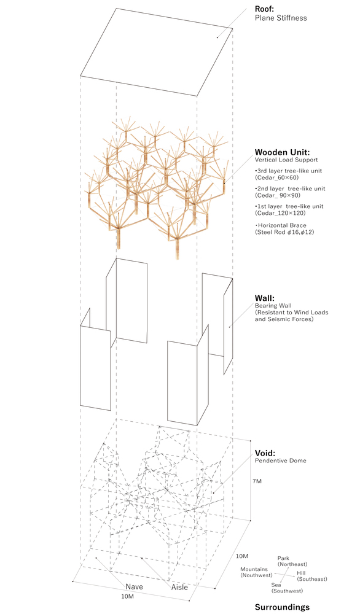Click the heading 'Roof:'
click(264, 9)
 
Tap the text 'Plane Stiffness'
click(281, 18)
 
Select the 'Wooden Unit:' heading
click(280, 152)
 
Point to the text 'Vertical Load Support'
click(286, 160)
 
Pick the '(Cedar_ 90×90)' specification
click(278, 195)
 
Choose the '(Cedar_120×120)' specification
click(280, 212)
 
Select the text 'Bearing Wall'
click(273, 306)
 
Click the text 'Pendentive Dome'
click(281, 460)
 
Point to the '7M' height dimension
click(257, 481)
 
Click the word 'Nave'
click(134, 586)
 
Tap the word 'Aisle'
click(179, 587)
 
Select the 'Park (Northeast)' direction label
click(292, 561)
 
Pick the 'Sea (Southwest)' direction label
click(287, 588)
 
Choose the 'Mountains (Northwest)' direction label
click(256, 572)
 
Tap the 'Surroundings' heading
click(282, 607)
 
